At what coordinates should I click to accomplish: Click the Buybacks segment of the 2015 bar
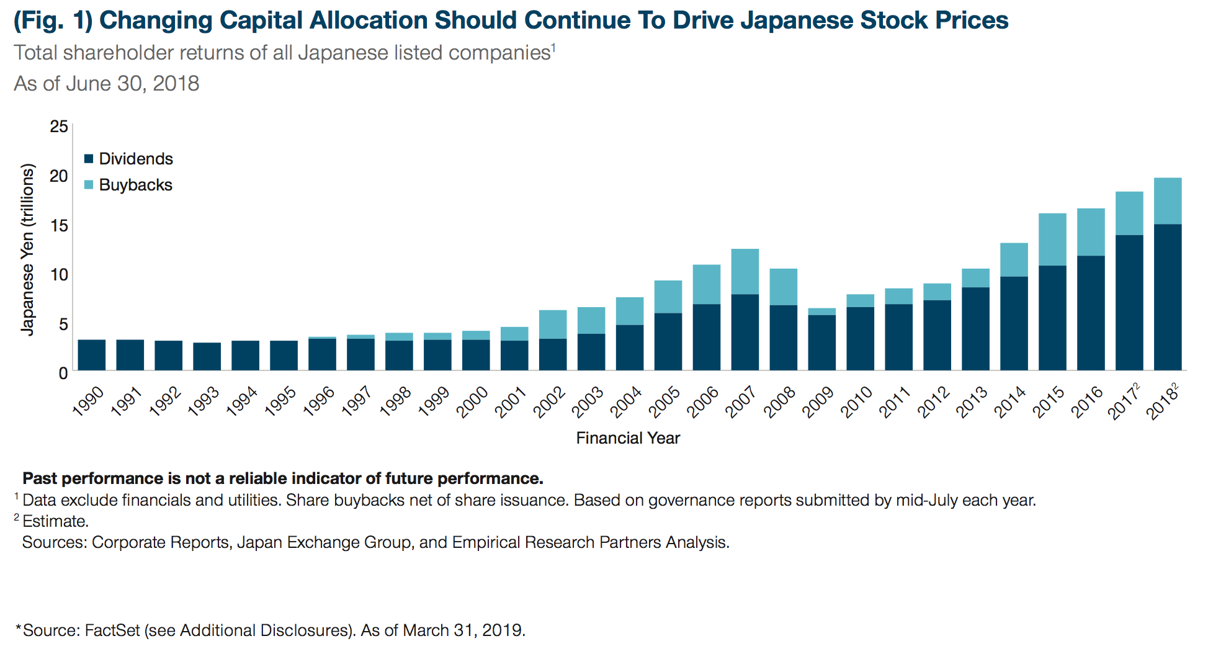1052,240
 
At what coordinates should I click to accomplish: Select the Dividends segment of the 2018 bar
1168,297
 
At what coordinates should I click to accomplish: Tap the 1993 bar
207,356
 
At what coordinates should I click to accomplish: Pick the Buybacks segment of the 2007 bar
745,272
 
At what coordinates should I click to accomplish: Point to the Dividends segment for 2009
821,343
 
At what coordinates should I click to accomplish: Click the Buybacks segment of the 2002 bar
552,324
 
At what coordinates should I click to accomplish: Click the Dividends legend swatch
89,159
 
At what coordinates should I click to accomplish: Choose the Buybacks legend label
135,185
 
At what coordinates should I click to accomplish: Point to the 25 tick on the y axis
59,127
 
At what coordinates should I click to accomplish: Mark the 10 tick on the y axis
59,274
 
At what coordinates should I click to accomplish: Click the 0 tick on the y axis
63,373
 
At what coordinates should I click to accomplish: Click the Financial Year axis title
628,438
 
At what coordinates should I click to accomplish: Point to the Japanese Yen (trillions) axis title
27,249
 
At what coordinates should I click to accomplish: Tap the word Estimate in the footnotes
55,521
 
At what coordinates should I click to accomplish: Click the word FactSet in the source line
112,630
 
